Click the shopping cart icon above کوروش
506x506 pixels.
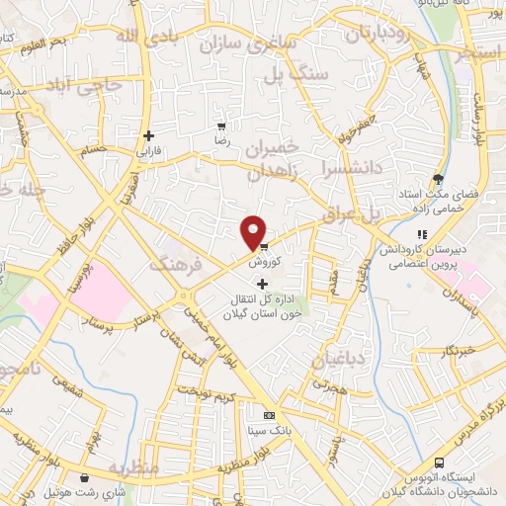(x=263, y=247)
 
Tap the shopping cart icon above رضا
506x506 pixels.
(x=221, y=127)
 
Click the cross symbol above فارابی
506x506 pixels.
(x=148, y=135)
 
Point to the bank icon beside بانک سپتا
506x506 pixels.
(x=269, y=414)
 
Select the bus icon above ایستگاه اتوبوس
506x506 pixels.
(x=441, y=464)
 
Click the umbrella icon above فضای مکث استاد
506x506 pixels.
(x=438, y=179)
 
